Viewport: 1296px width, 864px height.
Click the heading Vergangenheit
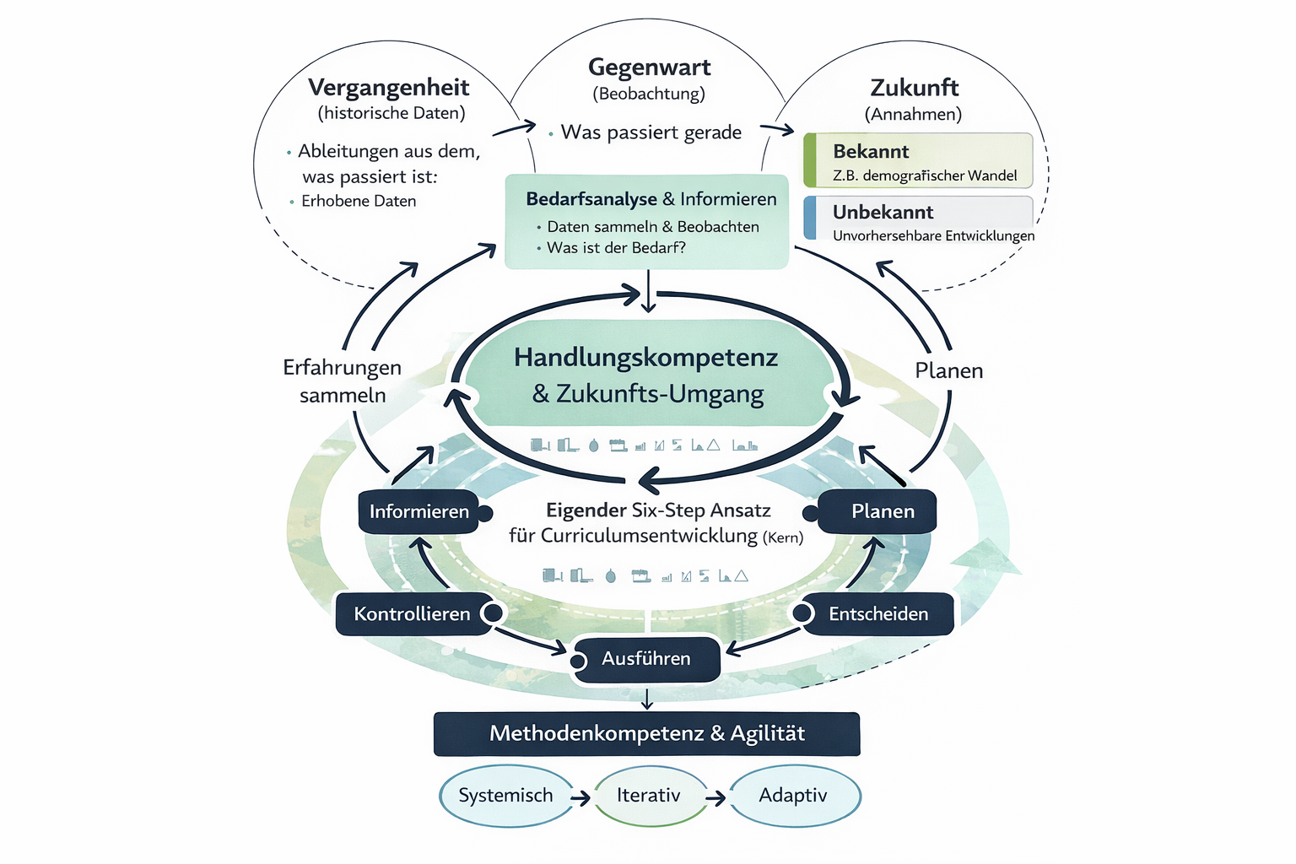point(388,88)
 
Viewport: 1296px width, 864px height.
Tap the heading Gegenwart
point(649,67)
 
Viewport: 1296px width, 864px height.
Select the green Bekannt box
point(918,160)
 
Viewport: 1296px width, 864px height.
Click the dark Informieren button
point(418,511)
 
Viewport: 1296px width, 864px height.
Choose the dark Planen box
point(877,511)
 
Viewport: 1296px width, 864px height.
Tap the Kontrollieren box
point(413,614)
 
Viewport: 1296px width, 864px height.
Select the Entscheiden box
point(877,614)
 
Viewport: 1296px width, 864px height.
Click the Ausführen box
point(646,659)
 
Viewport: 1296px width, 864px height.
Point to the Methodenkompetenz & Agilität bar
point(647,734)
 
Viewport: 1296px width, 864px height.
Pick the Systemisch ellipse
point(506,796)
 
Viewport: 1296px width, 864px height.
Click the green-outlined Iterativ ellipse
point(649,796)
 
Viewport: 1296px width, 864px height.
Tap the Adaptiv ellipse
point(794,796)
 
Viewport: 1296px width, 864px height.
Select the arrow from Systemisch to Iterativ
point(580,798)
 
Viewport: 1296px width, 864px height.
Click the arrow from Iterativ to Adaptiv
point(715,798)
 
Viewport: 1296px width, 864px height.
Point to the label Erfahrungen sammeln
point(342,381)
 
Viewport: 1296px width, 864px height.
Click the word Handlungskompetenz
point(645,358)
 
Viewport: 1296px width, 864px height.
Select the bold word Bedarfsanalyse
point(591,199)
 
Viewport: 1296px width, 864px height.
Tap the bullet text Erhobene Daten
point(359,202)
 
